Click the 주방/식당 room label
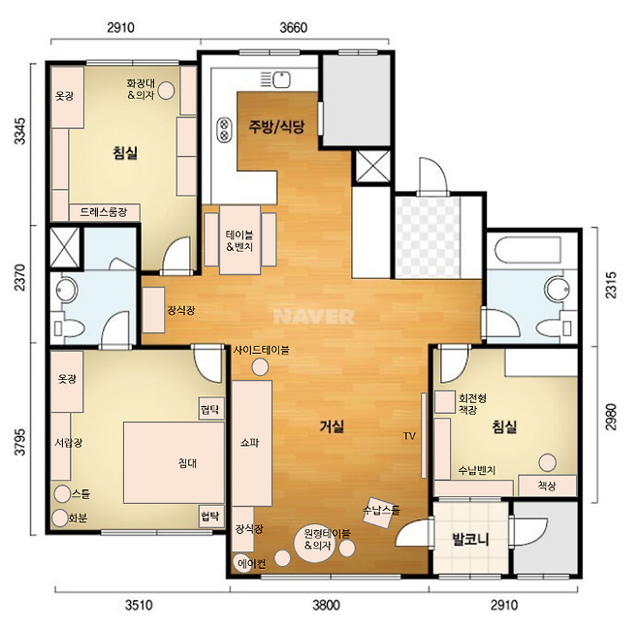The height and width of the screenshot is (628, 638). pyautogui.click(x=276, y=127)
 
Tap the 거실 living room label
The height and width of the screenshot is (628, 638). pyautogui.click(x=332, y=426)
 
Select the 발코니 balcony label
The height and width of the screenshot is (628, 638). pyautogui.click(x=470, y=540)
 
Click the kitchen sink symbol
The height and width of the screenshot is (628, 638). pyautogui.click(x=281, y=79)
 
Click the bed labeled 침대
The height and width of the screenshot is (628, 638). pyautogui.click(x=175, y=463)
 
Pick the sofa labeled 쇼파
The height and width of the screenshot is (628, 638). pyautogui.click(x=252, y=443)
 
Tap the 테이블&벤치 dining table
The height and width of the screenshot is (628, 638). pyautogui.click(x=239, y=240)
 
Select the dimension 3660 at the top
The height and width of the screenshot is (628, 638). pyautogui.click(x=294, y=28)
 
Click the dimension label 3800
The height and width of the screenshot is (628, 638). pyautogui.click(x=327, y=605)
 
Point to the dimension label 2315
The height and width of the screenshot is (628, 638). pyautogui.click(x=611, y=285)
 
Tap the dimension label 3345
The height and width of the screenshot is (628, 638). pyautogui.click(x=19, y=131)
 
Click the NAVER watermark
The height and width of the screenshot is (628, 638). pyautogui.click(x=314, y=317)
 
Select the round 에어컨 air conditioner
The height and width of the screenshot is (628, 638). pyautogui.click(x=243, y=563)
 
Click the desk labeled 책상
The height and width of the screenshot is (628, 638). pyautogui.click(x=547, y=486)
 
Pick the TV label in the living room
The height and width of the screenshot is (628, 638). pyautogui.click(x=409, y=436)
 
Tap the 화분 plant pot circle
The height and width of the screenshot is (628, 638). pyautogui.click(x=60, y=518)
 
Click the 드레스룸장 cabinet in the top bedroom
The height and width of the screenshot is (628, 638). pyautogui.click(x=105, y=212)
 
